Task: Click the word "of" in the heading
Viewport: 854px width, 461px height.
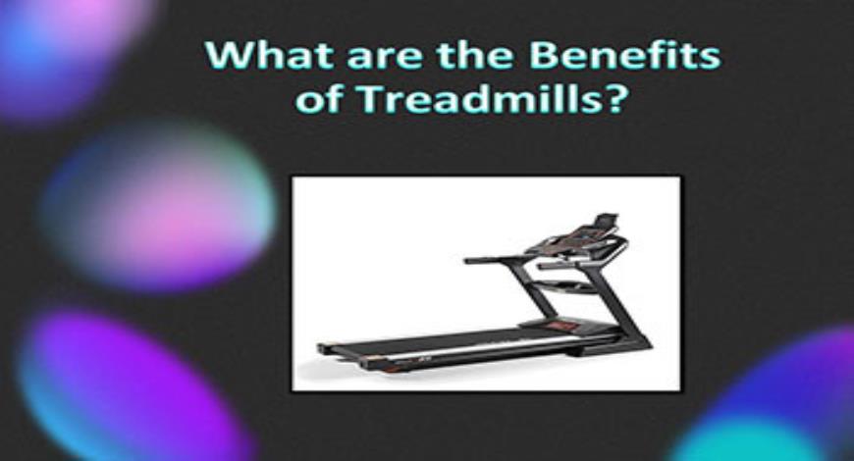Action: (x=316, y=98)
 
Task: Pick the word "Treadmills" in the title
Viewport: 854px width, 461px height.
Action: (x=467, y=98)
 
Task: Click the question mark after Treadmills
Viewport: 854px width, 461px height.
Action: (x=615, y=98)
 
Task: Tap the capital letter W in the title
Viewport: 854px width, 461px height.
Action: (x=222, y=55)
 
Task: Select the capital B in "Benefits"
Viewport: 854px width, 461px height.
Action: (x=544, y=55)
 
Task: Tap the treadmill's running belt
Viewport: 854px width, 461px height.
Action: (x=442, y=342)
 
